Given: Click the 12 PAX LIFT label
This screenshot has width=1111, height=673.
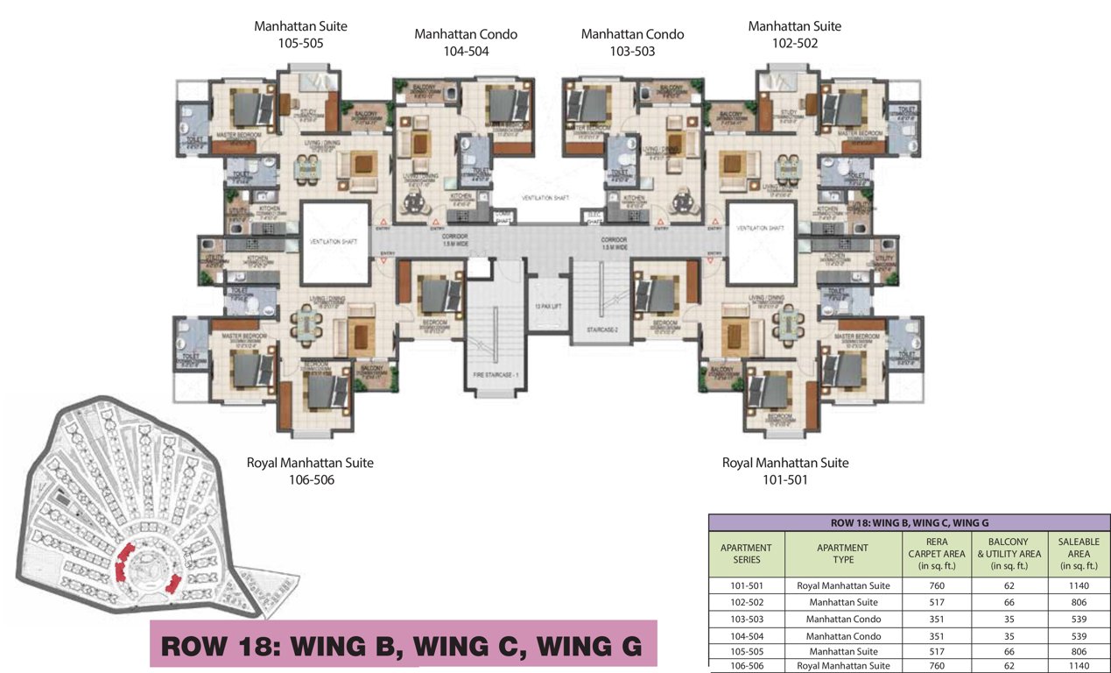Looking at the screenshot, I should (548, 306).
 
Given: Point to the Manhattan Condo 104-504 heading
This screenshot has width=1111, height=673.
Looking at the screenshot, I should (466, 42).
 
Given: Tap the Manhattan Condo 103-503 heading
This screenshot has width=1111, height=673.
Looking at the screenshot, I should (632, 42).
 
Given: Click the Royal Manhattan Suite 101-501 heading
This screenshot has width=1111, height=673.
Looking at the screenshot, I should (784, 471).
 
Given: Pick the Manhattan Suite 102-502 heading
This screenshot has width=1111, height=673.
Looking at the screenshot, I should (794, 34).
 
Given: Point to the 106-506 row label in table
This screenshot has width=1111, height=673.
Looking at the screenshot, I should (746, 666).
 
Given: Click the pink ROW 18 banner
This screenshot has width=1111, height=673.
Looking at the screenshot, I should (403, 646).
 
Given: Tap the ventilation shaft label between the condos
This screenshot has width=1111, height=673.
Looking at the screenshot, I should (545, 198).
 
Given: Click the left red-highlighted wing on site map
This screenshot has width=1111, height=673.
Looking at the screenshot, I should (123, 562).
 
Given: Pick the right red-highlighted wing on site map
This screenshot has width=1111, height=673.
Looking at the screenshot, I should (174, 582).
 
